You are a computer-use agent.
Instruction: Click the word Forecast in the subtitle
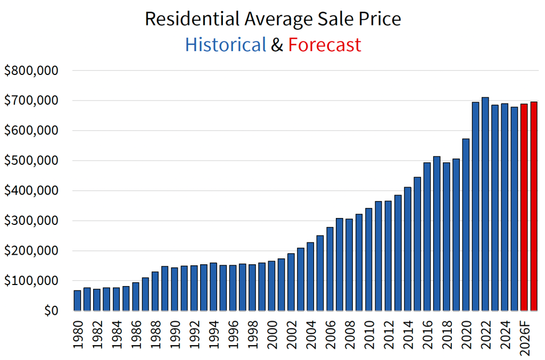click(325, 45)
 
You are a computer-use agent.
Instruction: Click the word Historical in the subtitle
click(225, 45)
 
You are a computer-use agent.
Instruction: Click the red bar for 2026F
click(524, 207)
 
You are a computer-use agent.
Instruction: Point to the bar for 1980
click(78, 300)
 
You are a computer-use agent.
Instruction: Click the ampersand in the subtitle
click(277, 45)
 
